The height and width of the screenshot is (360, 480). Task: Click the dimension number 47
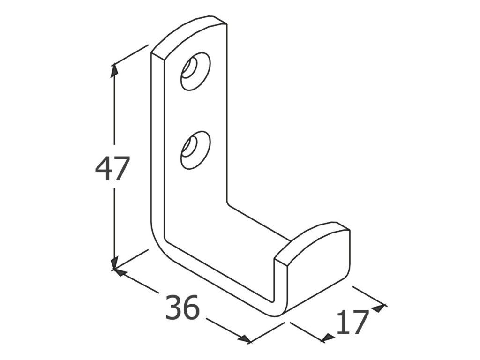[x=111, y=169]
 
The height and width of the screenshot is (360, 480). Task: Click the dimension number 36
[x=182, y=307]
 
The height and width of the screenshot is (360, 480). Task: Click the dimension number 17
[x=352, y=322]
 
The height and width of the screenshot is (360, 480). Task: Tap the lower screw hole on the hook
[x=195, y=150]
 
